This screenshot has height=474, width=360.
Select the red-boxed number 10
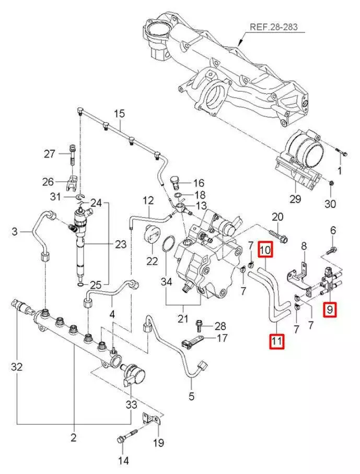click(265, 251)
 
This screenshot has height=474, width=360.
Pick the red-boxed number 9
click(330, 310)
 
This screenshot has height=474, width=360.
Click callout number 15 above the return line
click(120, 113)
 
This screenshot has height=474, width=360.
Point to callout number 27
click(50, 154)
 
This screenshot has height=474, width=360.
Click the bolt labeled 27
click(72, 155)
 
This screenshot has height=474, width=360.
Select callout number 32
click(17, 367)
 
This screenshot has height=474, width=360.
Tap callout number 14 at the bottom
click(123, 460)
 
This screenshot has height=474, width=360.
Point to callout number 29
click(295, 199)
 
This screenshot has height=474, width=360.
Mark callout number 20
click(277, 217)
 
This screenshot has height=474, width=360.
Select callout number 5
click(191, 396)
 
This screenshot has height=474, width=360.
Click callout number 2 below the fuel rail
click(74, 436)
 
